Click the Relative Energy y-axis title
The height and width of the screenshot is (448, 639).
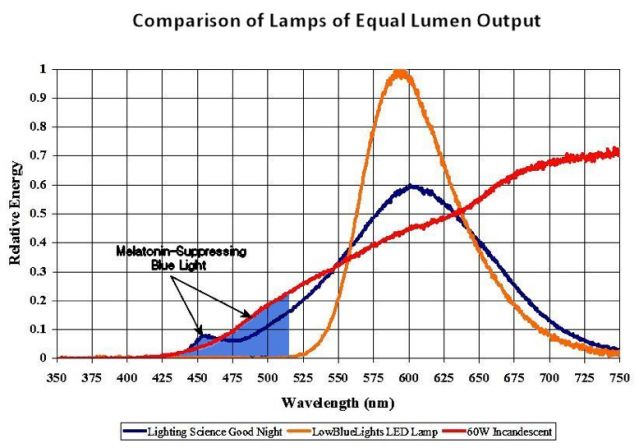[x=17, y=213]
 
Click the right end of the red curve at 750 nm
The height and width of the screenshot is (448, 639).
[x=617, y=152]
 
